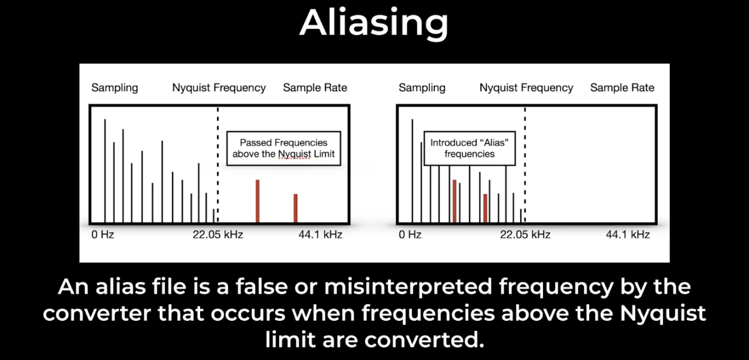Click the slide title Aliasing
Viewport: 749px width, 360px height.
(374, 23)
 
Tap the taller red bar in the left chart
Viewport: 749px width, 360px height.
(257, 201)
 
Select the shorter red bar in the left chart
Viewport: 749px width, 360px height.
(296, 208)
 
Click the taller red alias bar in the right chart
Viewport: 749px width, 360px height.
(455, 201)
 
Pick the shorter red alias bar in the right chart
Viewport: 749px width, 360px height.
(485, 208)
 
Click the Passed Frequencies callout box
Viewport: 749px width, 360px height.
(284, 148)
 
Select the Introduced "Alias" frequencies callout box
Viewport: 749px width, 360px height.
(469, 148)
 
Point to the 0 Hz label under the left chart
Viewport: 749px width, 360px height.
(102, 235)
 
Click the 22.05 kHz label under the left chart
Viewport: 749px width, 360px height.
(218, 235)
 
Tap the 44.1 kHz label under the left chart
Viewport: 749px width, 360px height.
(320, 235)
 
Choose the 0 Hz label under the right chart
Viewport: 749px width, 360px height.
(410, 235)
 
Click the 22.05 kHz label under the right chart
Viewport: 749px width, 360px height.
(525, 235)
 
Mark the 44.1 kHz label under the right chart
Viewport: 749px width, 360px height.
(628, 235)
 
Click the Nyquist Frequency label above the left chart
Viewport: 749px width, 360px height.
(219, 88)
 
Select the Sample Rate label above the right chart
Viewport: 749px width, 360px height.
(622, 88)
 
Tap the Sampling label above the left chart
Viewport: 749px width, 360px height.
(115, 88)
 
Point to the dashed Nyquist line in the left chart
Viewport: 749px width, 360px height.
(218, 164)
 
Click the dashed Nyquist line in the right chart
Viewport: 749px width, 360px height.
(525, 164)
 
